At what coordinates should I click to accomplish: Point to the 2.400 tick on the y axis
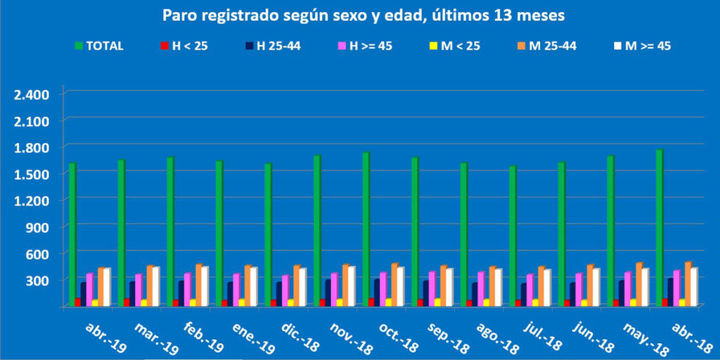pyautogui.click(x=32, y=94)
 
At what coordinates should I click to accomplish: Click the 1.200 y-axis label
pyautogui.click(x=32, y=200)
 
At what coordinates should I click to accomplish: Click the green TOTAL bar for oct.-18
pyautogui.click(x=366, y=229)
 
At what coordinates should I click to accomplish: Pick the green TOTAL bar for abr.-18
pyautogui.click(x=659, y=227)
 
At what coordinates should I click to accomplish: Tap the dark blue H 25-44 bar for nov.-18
pyautogui.click(x=328, y=292)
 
